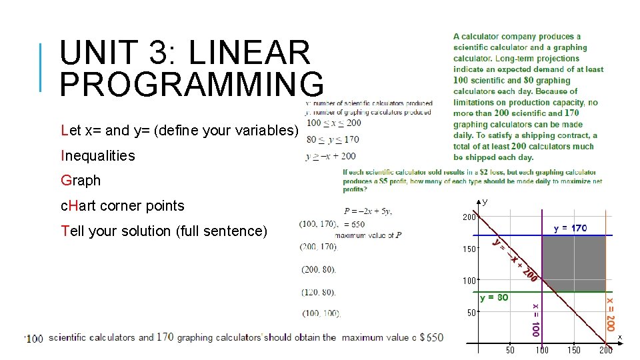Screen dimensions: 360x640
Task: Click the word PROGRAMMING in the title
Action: click(192, 84)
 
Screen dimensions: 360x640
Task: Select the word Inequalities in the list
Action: click(98, 156)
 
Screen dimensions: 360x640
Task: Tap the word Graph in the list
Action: click(81, 181)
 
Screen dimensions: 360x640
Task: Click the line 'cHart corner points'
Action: click(122, 206)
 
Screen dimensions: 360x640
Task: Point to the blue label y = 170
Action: click(571, 228)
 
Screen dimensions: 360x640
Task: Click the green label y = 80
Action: click(494, 297)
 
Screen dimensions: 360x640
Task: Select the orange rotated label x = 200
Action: click(610, 315)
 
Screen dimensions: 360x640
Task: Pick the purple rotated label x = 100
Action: click(535, 319)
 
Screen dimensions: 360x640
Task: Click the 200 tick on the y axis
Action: click(469, 217)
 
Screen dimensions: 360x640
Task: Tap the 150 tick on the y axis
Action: click(469, 249)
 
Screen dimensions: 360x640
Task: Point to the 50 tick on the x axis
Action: click(509, 351)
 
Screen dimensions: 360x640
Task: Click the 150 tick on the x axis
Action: click(573, 351)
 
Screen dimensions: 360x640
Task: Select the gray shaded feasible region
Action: click(573, 264)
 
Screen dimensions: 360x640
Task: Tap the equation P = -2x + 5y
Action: click(368, 211)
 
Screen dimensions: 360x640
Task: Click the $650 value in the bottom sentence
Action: click(431, 337)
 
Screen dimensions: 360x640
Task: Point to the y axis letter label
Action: click(485, 201)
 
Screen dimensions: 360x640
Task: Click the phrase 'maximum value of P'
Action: click(368, 235)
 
